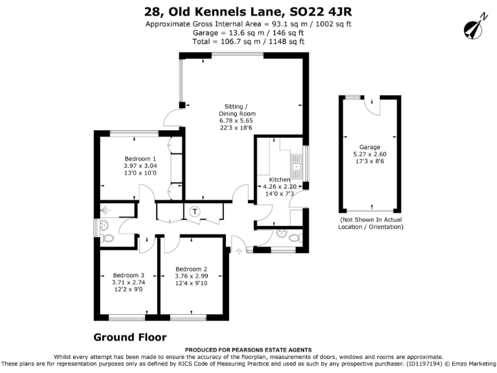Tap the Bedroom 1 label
click(x=140, y=159)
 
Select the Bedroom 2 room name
click(x=192, y=269)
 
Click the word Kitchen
click(x=280, y=179)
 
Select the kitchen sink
click(x=297, y=166)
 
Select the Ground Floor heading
click(x=129, y=337)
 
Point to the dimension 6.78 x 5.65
click(x=236, y=120)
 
